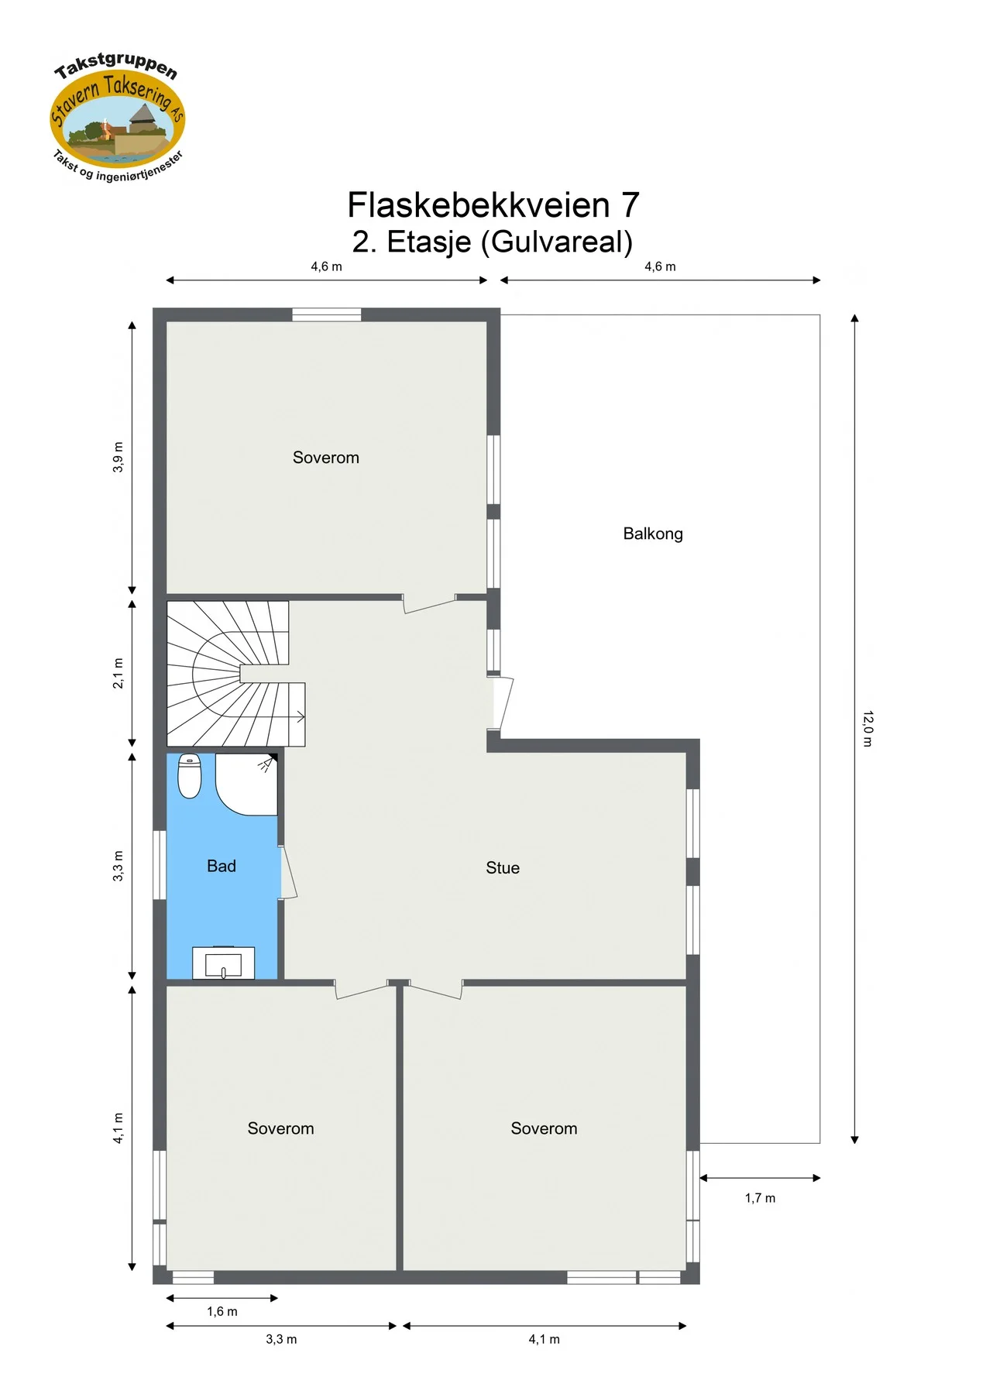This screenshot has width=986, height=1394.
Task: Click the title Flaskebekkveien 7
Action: [493, 205]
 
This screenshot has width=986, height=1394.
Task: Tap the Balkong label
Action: [653, 534]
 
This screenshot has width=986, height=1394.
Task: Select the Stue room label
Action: [503, 868]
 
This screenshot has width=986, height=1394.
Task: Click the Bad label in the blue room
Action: [222, 867]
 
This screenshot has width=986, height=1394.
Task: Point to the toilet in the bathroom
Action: [190, 776]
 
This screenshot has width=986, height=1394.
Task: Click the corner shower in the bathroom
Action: [246, 784]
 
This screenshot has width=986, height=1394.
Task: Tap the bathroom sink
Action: [223, 963]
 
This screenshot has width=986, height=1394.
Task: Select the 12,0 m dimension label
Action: [867, 728]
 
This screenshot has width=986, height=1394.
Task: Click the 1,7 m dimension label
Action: [760, 1198]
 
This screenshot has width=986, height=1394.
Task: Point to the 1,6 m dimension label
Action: [222, 1311]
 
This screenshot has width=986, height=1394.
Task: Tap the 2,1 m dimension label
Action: [118, 673]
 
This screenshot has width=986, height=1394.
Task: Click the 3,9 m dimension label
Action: [118, 457]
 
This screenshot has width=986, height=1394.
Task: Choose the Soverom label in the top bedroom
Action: [326, 458]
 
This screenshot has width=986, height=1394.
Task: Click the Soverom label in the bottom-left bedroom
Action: [281, 1128]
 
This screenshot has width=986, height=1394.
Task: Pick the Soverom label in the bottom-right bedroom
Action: [545, 1128]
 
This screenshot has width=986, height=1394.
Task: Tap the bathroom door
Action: [287, 873]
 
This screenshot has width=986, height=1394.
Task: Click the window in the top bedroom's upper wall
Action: [327, 314]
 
